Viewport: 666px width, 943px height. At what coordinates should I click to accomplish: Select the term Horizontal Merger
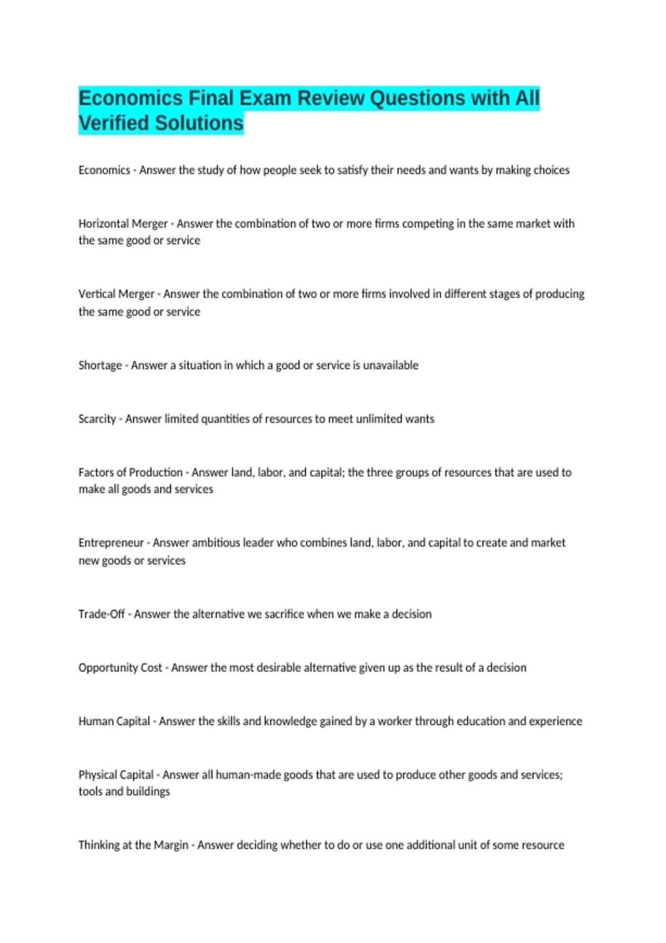point(123,224)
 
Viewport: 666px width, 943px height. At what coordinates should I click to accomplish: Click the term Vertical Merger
point(116,294)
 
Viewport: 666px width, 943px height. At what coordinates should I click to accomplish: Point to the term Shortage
point(100,366)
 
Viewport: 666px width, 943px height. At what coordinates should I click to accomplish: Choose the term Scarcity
point(97,419)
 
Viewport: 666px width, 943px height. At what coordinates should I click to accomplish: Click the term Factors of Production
point(130,473)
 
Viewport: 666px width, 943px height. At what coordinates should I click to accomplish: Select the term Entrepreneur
point(111,543)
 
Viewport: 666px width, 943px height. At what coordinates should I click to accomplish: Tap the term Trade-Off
point(102,614)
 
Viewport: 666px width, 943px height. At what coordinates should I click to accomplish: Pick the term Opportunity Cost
point(120,668)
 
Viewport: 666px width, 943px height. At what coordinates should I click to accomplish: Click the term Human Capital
point(114,721)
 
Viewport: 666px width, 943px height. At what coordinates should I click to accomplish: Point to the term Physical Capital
point(116,775)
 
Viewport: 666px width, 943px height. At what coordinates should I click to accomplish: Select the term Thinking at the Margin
point(133,845)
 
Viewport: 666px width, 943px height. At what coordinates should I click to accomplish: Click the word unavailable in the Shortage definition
point(391,366)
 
